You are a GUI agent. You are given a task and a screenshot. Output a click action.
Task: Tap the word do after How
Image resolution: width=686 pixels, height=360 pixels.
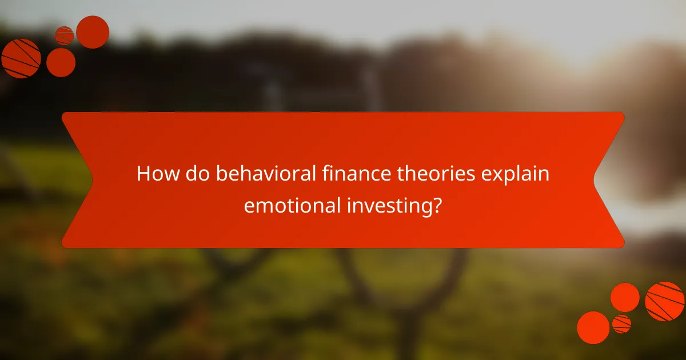[194, 174]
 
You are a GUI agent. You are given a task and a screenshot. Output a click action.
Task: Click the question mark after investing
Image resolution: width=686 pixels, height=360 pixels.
[437, 205]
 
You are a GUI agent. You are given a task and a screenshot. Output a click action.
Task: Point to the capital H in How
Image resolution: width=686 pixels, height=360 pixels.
[143, 174]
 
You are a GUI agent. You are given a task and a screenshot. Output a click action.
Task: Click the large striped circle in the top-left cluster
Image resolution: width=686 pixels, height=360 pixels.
[21, 58]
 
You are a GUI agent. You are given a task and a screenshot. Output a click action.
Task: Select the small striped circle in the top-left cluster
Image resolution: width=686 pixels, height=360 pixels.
[64, 35]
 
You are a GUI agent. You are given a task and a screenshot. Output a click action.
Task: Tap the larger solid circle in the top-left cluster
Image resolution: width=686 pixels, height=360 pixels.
[93, 32]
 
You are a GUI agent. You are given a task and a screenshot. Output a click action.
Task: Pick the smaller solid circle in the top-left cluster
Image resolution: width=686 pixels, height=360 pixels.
[61, 62]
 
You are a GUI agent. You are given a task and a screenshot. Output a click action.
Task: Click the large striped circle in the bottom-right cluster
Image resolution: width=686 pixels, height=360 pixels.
[665, 301]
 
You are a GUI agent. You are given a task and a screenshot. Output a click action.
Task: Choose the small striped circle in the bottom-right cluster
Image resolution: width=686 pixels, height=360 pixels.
[621, 324]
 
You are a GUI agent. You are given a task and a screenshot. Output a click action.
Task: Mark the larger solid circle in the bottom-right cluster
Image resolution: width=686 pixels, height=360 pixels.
[593, 327]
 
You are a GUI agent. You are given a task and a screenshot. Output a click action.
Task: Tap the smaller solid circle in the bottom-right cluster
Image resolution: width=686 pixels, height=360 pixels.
[625, 297]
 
